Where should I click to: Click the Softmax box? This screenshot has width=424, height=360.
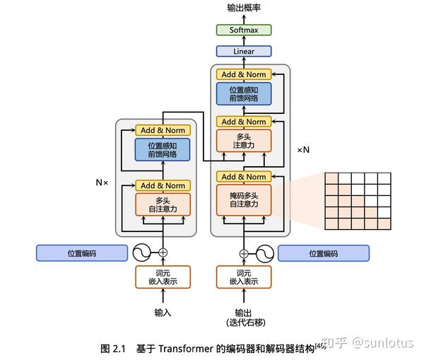tap(244, 30)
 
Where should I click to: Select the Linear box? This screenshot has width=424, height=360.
tap(244, 52)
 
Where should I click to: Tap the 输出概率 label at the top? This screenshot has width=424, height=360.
tap(243, 8)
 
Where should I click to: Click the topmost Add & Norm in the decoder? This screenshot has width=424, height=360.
tap(244, 74)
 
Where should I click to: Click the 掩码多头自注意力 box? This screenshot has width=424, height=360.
tap(244, 199)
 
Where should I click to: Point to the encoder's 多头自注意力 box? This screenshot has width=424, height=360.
tap(164, 205)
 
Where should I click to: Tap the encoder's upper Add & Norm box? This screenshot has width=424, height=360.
tap(164, 130)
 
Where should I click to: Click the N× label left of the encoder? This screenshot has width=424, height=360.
tap(102, 182)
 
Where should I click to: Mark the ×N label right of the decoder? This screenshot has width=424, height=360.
tap(303, 150)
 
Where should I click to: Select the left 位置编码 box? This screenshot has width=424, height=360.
tap(82, 252)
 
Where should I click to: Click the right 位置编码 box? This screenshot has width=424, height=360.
tap(324, 253)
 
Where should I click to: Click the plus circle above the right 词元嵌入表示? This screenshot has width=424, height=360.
tap(245, 253)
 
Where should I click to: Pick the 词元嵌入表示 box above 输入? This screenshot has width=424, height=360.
tap(164, 277)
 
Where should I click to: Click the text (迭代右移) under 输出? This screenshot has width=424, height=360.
tap(245, 323)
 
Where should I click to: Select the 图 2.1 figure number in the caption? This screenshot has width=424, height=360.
tap(112, 349)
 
